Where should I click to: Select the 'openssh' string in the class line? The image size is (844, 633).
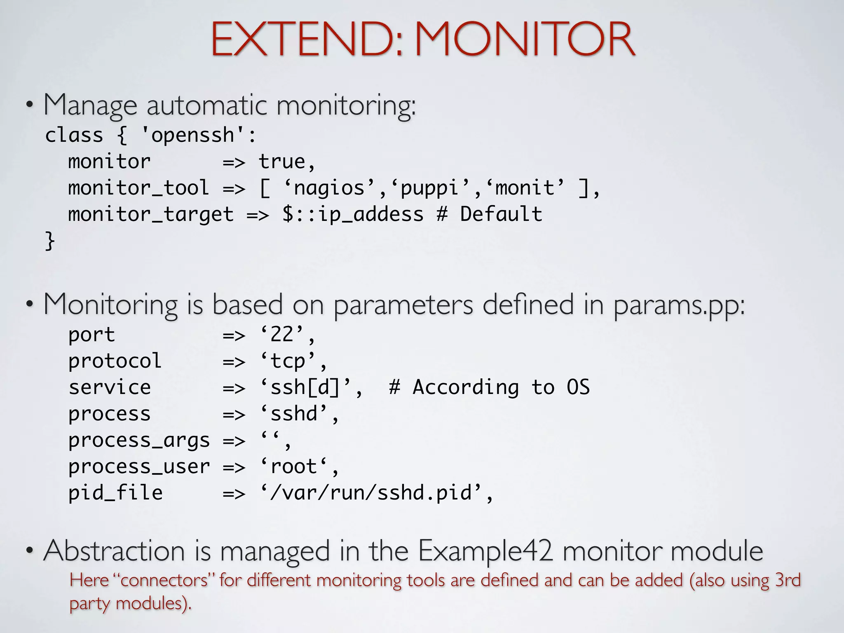click(193, 135)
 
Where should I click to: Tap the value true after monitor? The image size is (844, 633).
click(281, 162)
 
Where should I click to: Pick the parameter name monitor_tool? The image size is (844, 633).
click(138, 188)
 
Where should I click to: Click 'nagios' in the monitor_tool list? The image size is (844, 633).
click(329, 188)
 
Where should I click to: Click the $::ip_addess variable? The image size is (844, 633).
click(353, 214)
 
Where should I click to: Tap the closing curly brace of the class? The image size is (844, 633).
click(49, 241)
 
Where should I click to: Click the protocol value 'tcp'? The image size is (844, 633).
click(288, 361)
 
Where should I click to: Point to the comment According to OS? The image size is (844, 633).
click(489, 387)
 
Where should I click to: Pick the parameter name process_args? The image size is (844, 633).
click(138, 440)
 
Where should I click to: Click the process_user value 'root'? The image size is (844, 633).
click(294, 467)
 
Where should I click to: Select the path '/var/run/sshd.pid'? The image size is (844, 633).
click(371, 493)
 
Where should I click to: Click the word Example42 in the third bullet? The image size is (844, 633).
click(485, 551)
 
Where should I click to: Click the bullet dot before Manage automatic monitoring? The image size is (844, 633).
click(29, 105)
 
